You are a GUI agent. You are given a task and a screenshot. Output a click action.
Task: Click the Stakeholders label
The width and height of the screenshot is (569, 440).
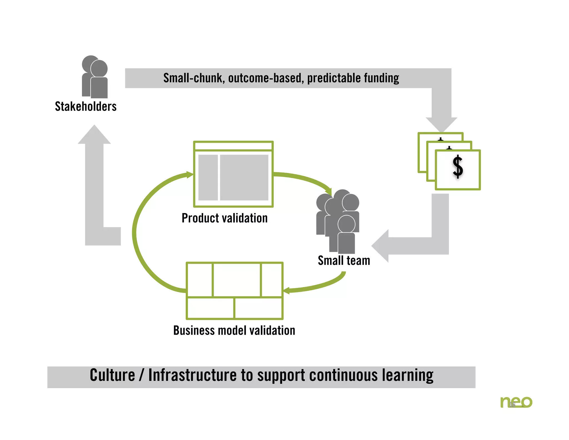click(86, 107)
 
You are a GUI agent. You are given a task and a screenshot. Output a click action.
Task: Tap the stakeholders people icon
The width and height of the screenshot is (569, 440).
click(95, 77)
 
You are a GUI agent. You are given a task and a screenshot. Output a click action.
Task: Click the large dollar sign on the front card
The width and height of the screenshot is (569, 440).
click(458, 167)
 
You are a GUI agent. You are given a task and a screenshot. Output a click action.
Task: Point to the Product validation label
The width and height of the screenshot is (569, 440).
click(224, 218)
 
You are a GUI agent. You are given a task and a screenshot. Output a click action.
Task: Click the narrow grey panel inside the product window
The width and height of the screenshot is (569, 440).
click(208, 177)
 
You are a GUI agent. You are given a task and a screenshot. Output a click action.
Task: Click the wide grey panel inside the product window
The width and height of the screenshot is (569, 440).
click(244, 177)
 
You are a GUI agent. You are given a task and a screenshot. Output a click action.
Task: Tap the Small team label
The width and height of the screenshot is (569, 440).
click(344, 261)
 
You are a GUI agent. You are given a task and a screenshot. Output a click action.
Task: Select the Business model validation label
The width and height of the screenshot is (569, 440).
click(234, 330)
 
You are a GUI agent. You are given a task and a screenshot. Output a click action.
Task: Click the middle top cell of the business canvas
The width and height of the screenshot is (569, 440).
click(237, 280)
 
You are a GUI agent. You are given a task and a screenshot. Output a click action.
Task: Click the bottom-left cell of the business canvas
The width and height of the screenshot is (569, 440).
click(210, 308)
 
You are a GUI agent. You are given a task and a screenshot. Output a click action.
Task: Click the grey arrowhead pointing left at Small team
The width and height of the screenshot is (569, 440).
click(381, 246)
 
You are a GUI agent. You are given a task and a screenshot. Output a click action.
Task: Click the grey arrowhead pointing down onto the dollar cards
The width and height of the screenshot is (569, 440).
click(441, 124)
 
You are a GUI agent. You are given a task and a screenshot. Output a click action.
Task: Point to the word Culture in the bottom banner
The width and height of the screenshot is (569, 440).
click(112, 375)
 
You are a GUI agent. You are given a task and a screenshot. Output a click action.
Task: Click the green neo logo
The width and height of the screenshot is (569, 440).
click(516, 402)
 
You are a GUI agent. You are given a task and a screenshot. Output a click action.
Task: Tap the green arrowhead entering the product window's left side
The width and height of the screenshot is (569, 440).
click(189, 175)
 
